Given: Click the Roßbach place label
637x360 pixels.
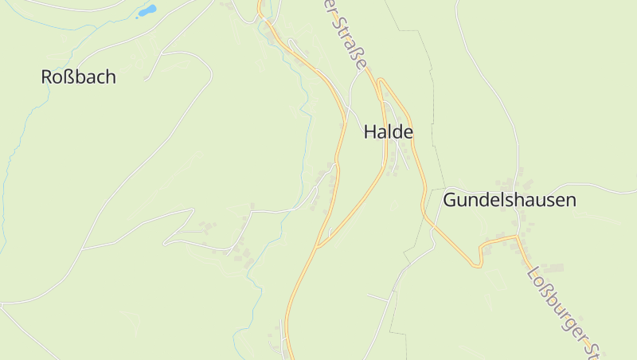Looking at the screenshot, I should click(x=78, y=77).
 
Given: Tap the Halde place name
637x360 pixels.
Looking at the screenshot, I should click(x=389, y=132).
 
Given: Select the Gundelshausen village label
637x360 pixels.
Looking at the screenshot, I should click(x=510, y=200).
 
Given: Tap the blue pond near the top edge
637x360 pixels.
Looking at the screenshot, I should click(x=147, y=11).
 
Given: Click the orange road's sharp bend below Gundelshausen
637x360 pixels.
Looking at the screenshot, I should click(x=480, y=265).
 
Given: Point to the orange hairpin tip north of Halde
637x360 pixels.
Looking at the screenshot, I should click(x=381, y=80).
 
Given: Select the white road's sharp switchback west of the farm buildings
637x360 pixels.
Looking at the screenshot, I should click(x=166, y=241).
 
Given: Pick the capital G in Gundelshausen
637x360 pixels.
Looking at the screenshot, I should click(x=451, y=200).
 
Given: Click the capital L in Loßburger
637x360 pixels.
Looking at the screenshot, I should click(x=532, y=272).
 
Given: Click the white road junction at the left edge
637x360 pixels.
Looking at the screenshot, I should click(x=2, y=303).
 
